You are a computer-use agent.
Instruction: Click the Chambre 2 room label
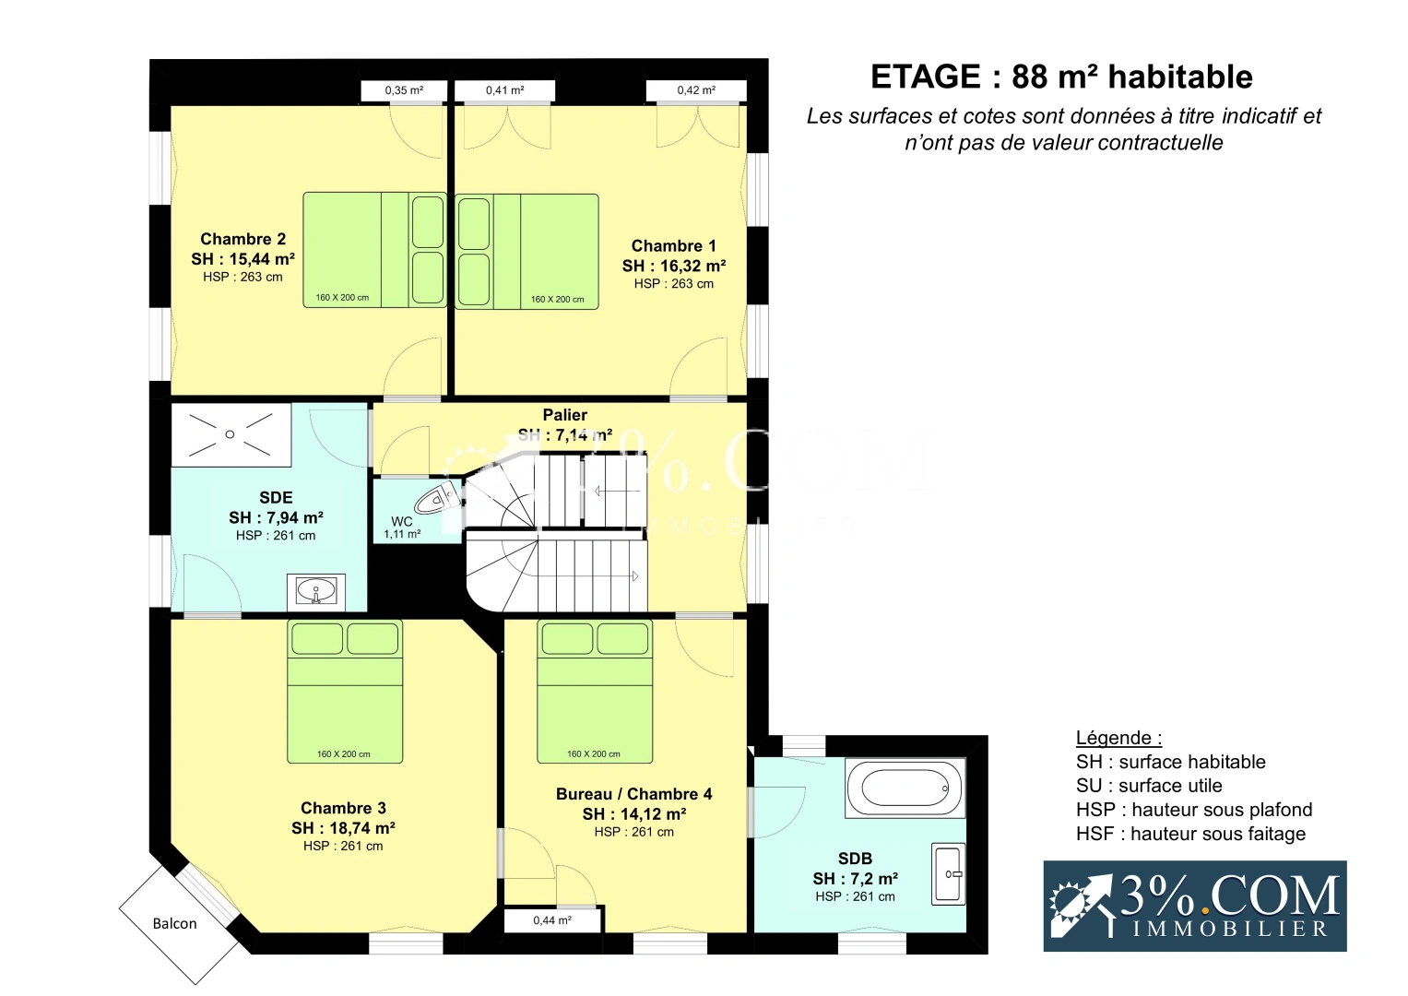[x=243, y=239]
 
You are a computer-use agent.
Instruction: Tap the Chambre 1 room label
[x=673, y=246]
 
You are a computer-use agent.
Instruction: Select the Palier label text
[x=565, y=415]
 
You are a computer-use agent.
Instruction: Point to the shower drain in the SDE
[x=231, y=434]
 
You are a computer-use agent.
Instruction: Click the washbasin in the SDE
[x=316, y=591]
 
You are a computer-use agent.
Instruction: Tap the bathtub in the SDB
[x=905, y=788]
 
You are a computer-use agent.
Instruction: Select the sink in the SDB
[x=948, y=874]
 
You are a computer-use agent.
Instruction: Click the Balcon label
[x=175, y=924]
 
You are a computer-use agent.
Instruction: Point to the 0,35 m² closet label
[x=404, y=90]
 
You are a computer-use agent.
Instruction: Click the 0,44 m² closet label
[x=552, y=920]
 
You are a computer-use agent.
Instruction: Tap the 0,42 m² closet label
[x=696, y=90]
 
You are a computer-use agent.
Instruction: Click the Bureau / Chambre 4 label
[x=634, y=794]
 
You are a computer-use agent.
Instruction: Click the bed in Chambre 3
[x=345, y=692]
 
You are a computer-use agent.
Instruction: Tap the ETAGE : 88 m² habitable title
[x=1061, y=77]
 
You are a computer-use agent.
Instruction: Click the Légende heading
[x=1118, y=738]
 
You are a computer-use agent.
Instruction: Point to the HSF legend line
[x=1191, y=835]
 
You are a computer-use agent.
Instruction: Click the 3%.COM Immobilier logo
[x=1195, y=906]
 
